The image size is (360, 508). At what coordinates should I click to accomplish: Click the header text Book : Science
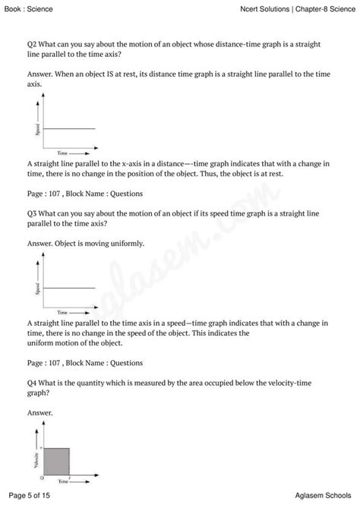coord(27,8)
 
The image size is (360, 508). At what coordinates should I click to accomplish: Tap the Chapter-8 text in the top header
coord(305,8)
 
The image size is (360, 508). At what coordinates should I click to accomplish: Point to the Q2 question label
coord(32,46)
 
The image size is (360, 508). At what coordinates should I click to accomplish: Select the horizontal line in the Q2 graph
coord(69,128)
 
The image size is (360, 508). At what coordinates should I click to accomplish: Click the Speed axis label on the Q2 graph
coord(36,129)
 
